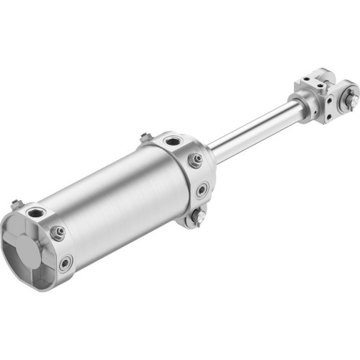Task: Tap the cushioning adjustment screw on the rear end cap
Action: click(58, 232)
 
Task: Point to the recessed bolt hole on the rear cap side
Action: click(66, 262)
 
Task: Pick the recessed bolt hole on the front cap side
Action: click(202, 190)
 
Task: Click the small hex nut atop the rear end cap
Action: click(16, 204)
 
